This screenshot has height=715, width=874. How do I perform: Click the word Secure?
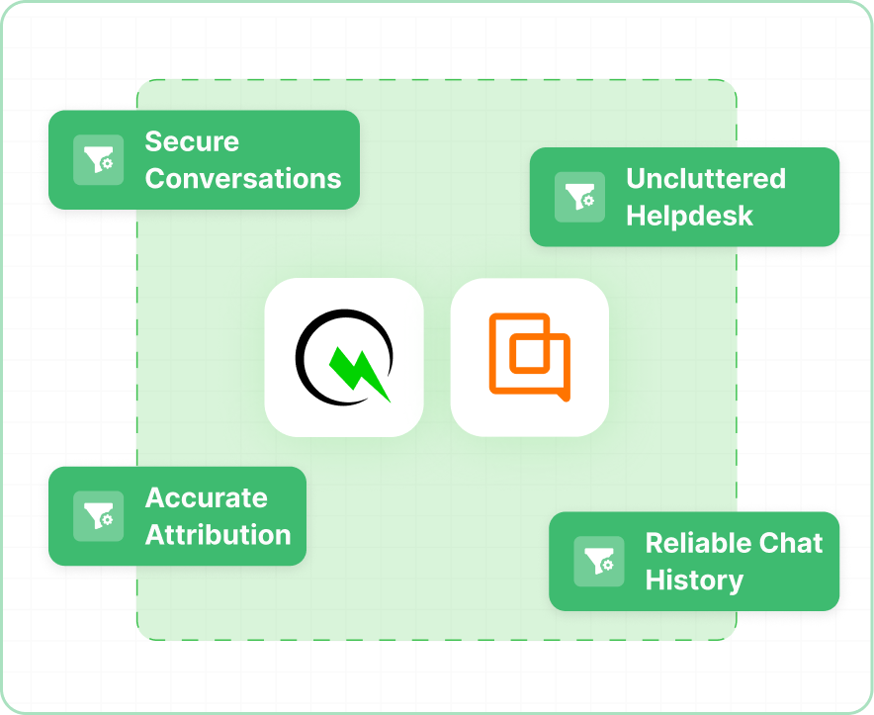[192, 141]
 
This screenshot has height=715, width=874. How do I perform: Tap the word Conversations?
[243, 179]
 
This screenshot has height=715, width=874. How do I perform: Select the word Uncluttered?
[706, 179]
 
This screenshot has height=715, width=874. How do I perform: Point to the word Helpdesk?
[689, 216]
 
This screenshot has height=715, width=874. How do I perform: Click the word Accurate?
[206, 497]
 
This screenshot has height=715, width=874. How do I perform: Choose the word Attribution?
[218, 535]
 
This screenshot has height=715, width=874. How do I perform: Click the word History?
[694, 580]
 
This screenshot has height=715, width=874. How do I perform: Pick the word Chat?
[792, 543]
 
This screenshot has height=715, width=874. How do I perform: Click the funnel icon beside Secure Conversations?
[98, 160]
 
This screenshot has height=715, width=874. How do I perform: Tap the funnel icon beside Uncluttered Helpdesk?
[579, 197]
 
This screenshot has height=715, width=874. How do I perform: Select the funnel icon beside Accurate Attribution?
[98, 516]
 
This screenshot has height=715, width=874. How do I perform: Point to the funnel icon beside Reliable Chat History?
[598, 562]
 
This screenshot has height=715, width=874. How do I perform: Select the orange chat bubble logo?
[530, 357]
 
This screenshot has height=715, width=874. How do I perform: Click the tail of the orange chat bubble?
[563, 396]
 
